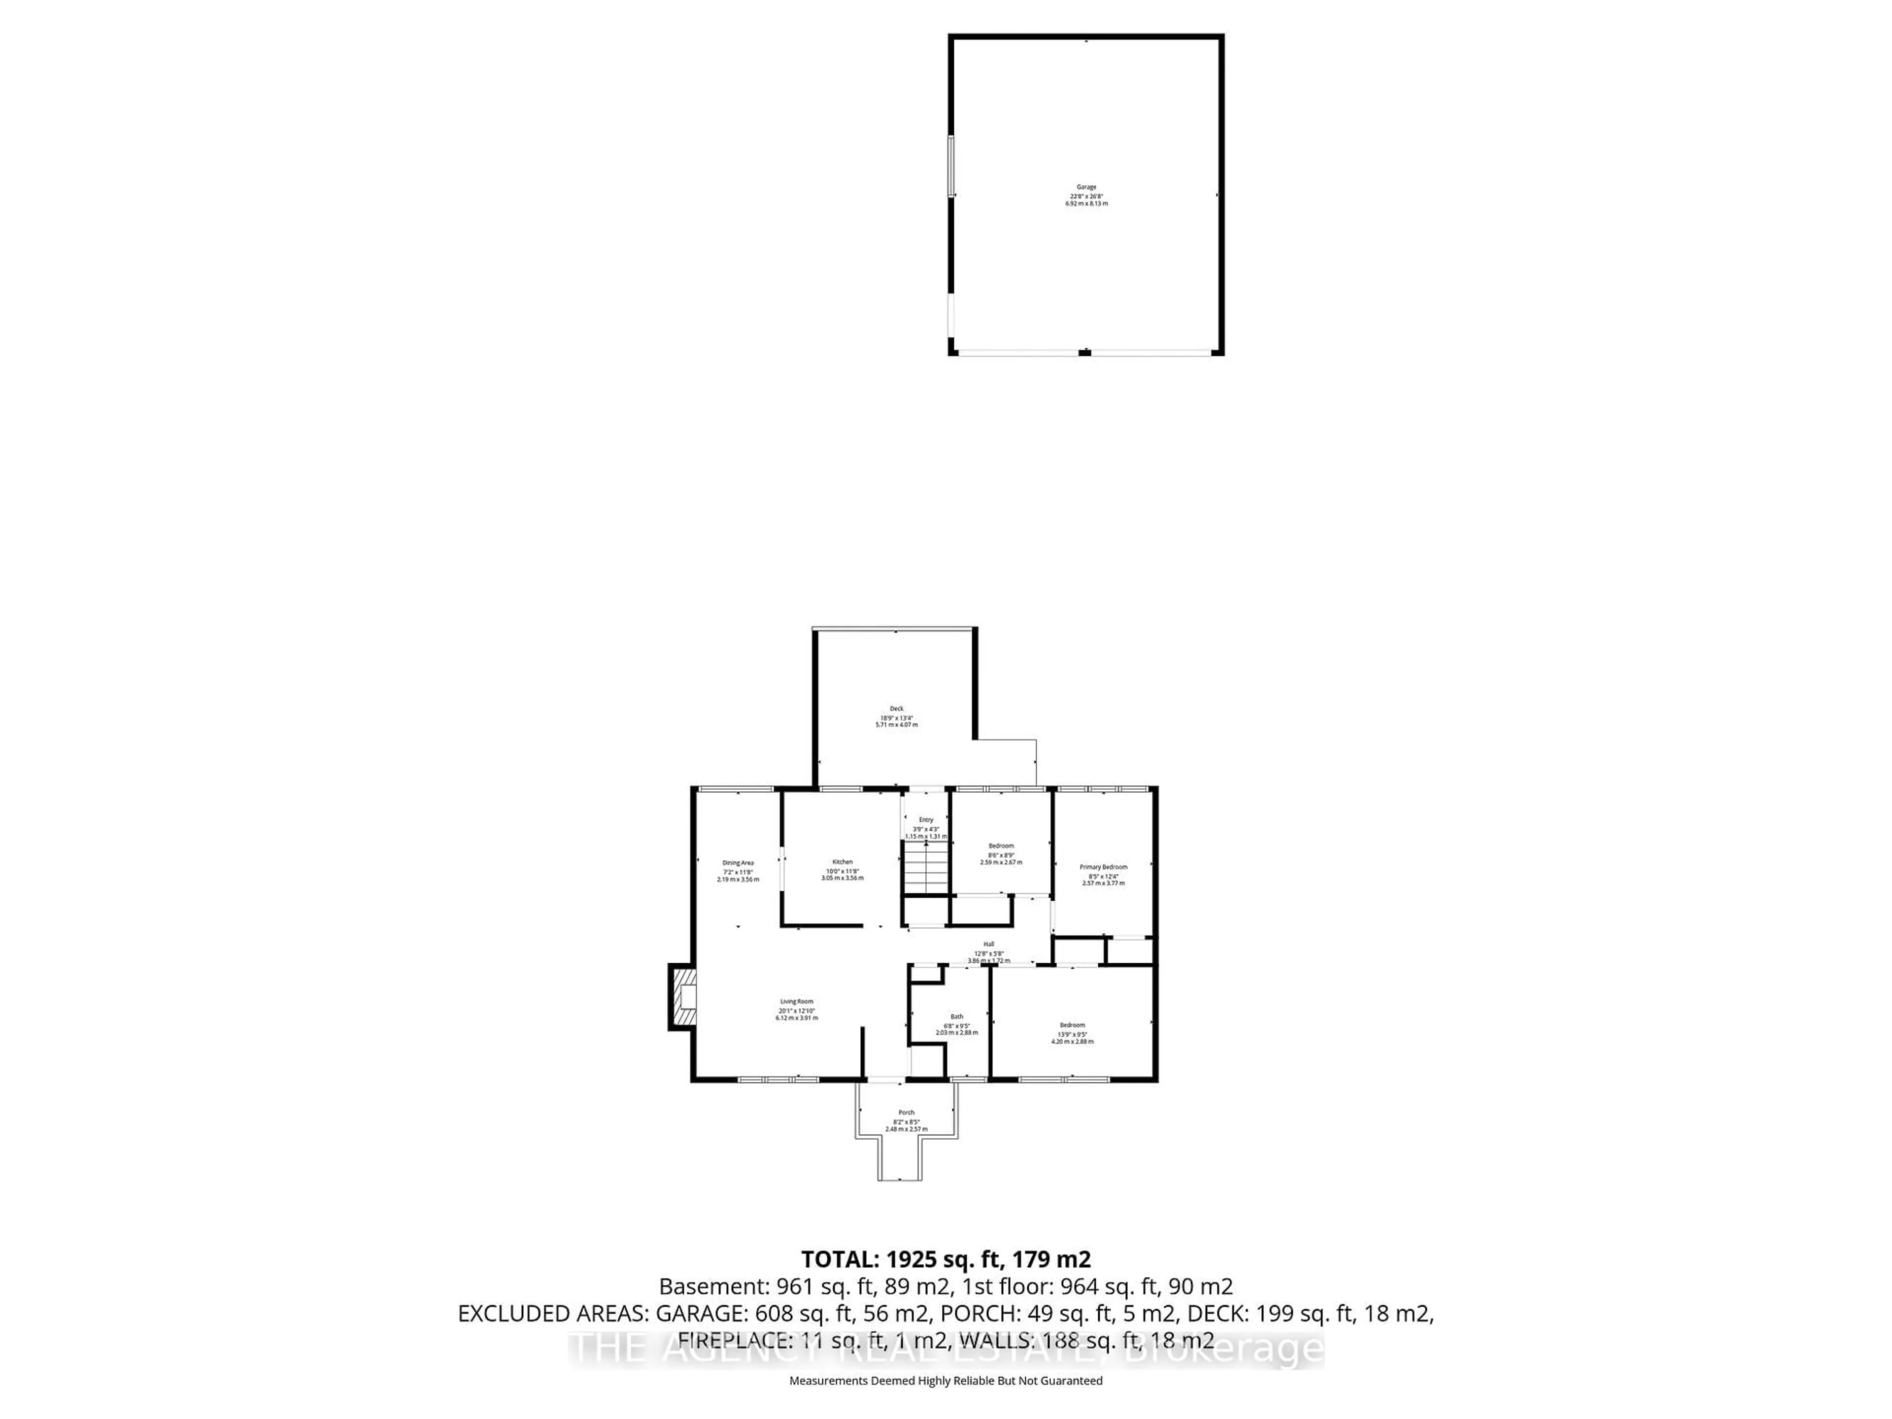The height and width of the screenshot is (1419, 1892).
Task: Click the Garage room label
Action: (1086, 186)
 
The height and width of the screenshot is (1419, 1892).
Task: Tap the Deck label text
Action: (896, 708)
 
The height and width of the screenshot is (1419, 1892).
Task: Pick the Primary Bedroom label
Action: (1103, 867)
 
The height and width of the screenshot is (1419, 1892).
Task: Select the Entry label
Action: (926, 819)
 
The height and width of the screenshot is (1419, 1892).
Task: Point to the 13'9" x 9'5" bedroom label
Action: (1073, 1025)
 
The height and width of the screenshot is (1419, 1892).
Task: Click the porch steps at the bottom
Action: (900, 1159)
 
